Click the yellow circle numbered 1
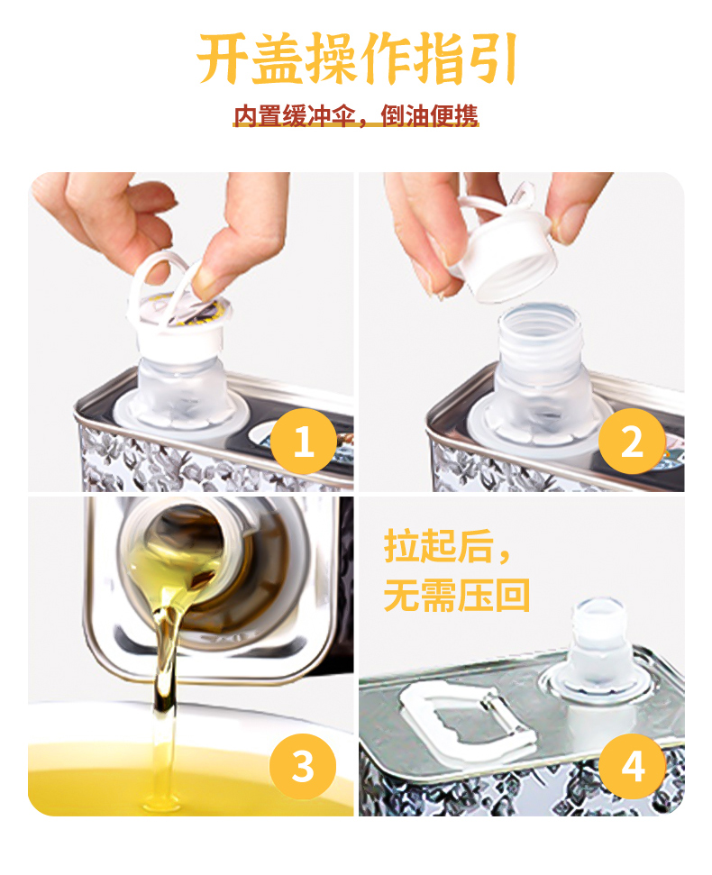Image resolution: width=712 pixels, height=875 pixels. pos(304,442)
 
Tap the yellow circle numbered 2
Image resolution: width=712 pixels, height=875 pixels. pos(632,442)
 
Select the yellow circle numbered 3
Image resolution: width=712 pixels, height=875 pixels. pos(303,766)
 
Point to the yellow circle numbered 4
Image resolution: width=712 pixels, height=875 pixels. pos(632,766)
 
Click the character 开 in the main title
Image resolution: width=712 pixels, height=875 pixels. pos(223,59)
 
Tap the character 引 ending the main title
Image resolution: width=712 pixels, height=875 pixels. pos(491,59)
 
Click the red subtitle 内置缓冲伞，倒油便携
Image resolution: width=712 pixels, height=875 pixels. pos(356,115)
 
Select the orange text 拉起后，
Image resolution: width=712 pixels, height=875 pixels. pos(446,546)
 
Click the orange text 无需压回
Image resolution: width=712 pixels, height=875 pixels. pos(456,595)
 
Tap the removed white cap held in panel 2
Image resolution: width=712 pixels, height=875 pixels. pos(505,245)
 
